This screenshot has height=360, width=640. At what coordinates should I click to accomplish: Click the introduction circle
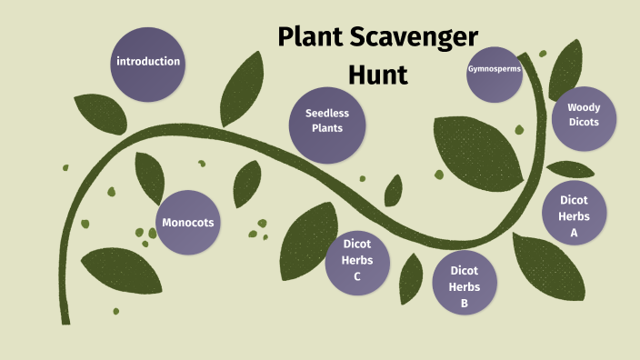click(x=148, y=63)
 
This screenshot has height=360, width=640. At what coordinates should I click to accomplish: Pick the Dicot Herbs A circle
click(x=574, y=215)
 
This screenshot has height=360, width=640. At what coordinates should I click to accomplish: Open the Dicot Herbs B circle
click(x=464, y=282)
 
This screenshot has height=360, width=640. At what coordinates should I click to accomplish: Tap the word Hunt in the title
click(x=377, y=74)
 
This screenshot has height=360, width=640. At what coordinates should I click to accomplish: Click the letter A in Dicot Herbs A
click(x=574, y=233)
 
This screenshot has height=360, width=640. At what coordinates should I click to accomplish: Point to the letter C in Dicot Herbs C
click(x=357, y=277)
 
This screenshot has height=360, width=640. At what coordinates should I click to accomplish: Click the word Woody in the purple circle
click(x=584, y=107)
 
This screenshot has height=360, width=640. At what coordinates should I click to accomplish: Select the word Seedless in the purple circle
click(x=327, y=114)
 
